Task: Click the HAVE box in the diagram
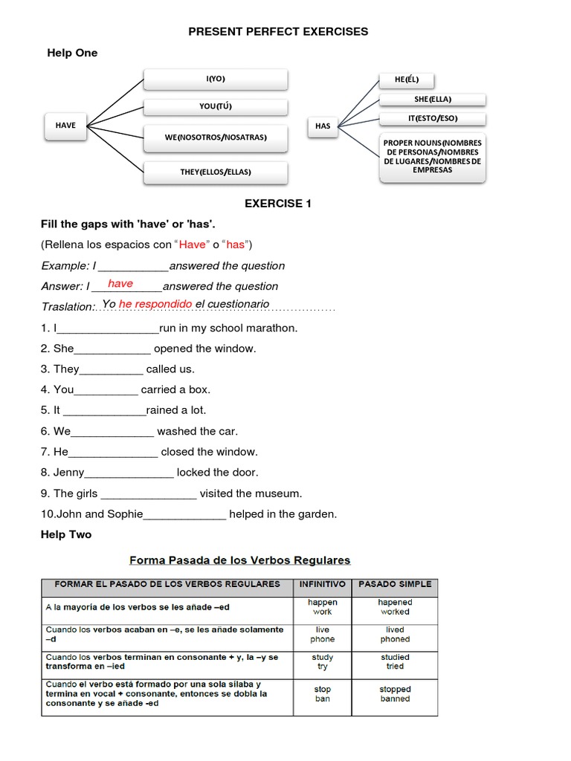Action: (65, 126)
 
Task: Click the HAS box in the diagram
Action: (323, 126)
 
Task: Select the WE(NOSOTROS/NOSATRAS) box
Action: (216, 137)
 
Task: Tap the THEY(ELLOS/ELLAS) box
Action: (216, 172)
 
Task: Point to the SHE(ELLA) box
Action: (433, 100)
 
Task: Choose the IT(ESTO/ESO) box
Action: (433, 118)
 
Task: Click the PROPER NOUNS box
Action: (433, 157)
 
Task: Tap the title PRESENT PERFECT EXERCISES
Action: (278, 31)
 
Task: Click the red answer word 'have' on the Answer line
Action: (120, 284)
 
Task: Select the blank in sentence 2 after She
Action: (112, 349)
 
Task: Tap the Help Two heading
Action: (67, 534)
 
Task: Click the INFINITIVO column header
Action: (322, 584)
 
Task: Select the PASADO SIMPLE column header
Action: (394, 584)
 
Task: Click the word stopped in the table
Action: (395, 689)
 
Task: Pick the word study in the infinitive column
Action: (322, 657)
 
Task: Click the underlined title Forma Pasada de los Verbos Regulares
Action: (240, 560)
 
